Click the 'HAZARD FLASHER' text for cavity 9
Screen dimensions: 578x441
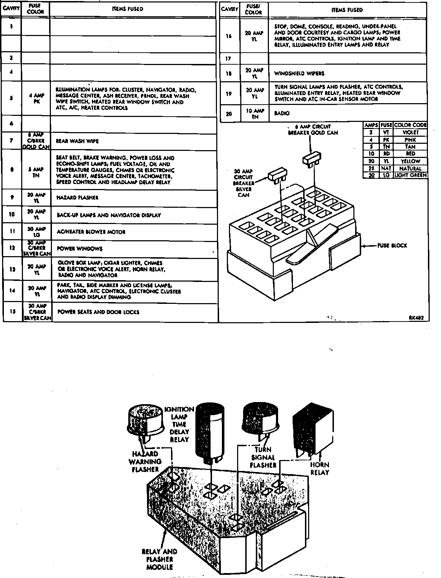[x=77, y=197]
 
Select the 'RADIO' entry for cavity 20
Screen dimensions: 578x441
[x=282, y=113]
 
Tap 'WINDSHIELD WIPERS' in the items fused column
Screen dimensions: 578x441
[x=299, y=73]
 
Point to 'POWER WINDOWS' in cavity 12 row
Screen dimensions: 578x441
[x=80, y=249]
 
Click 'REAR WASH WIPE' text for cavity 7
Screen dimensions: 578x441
[x=77, y=141]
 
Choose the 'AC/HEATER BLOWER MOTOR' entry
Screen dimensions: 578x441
[x=91, y=232]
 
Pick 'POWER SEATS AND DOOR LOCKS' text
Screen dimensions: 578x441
[x=98, y=312]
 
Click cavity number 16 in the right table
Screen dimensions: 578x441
[x=229, y=36]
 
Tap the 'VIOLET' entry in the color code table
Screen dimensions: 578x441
[x=410, y=132]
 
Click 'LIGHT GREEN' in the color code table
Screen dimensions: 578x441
[x=410, y=175]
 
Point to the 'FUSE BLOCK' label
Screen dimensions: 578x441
[x=392, y=246]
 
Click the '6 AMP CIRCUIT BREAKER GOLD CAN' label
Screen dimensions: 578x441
[x=313, y=130]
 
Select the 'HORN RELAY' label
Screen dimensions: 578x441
[x=319, y=468]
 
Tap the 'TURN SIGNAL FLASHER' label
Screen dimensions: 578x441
[x=263, y=457]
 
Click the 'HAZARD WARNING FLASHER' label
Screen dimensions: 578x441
[x=145, y=461]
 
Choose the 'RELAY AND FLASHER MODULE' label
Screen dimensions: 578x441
[x=159, y=559]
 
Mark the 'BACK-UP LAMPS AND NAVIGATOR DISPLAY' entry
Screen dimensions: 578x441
[x=108, y=215]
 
